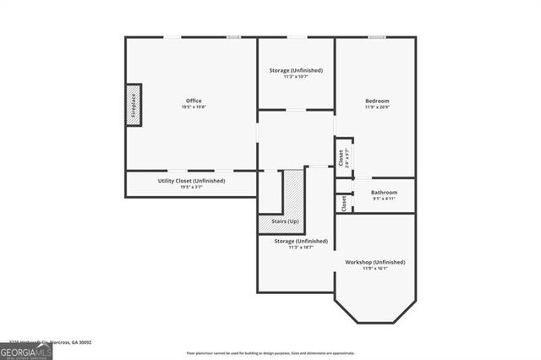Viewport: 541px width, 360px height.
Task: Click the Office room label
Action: click(191, 101)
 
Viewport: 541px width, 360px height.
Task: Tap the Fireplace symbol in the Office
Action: click(133, 105)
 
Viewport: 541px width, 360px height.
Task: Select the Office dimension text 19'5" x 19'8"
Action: click(191, 107)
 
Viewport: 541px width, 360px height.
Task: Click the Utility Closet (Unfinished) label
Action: click(191, 181)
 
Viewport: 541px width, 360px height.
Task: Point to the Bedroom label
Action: click(377, 101)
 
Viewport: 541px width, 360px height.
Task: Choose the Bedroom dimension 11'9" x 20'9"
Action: click(377, 107)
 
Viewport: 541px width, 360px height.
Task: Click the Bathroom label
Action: click(384, 193)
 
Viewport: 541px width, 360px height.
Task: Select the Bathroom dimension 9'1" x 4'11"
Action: click(384, 199)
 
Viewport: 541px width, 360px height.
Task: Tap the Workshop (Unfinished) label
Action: click(375, 262)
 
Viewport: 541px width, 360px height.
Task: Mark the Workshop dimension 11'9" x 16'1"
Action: click(375, 269)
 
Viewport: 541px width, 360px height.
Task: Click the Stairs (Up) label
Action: click(284, 221)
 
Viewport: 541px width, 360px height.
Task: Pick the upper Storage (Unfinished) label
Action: click(296, 70)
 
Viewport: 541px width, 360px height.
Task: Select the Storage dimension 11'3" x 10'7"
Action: click(296, 77)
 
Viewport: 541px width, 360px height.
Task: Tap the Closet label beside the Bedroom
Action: click(341, 157)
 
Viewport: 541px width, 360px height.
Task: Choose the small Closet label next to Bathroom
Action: click(344, 204)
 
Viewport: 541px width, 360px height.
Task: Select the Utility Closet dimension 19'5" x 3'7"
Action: click(191, 188)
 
